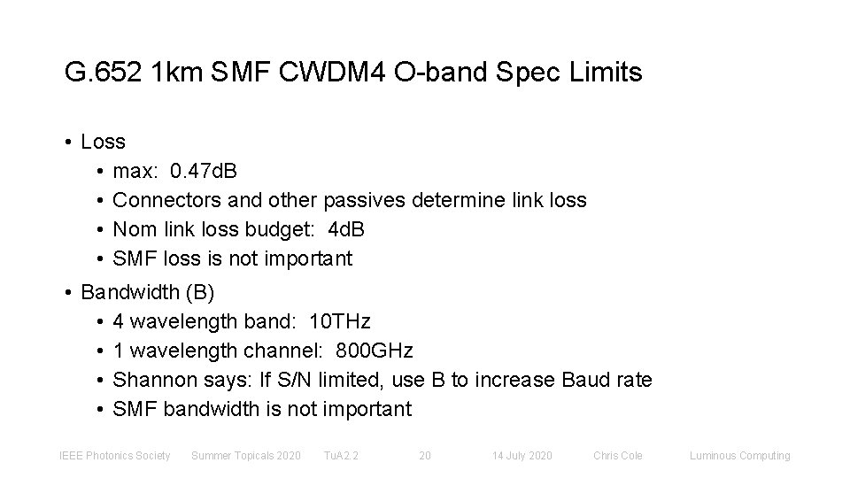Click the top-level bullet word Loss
point(103,142)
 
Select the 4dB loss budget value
point(346,229)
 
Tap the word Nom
point(134,229)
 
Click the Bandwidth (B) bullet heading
point(147,291)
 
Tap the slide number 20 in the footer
point(424,456)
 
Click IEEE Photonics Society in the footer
point(114,456)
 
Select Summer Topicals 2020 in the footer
point(245,456)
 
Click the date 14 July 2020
point(522,456)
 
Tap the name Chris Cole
point(618,456)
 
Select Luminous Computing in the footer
point(739,456)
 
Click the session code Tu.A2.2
point(340,456)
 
